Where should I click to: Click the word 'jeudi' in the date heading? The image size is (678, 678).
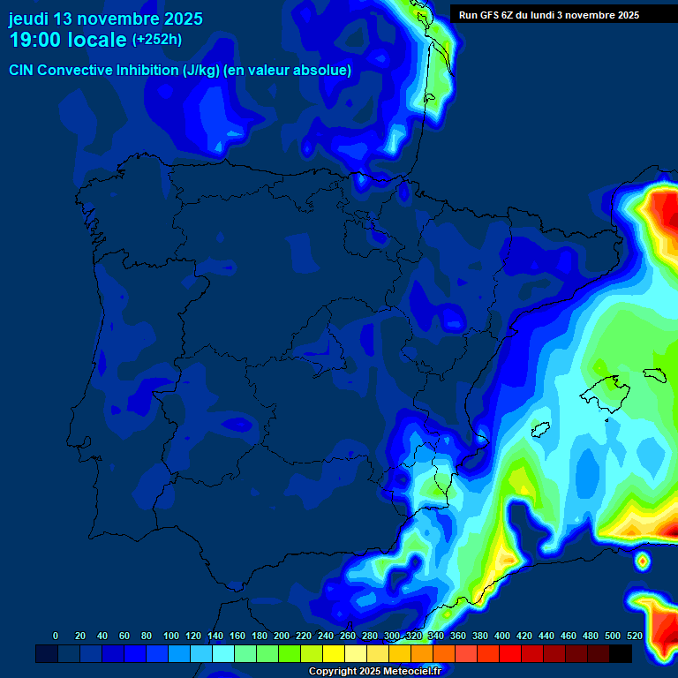click(x=28, y=19)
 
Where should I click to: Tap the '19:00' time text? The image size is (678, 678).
click(x=35, y=40)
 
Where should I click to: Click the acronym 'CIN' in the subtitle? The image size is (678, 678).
click(x=22, y=70)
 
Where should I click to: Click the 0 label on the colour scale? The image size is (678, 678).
click(x=56, y=636)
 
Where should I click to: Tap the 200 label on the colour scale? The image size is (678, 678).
click(x=282, y=636)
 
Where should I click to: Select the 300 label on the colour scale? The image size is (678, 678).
click(x=392, y=636)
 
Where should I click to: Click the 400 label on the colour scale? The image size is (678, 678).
click(x=502, y=636)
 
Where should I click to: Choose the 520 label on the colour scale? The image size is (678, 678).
click(x=634, y=636)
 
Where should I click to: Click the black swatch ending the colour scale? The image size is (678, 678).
click(x=621, y=653)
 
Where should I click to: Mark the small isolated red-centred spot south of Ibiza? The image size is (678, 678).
click(x=642, y=560)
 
